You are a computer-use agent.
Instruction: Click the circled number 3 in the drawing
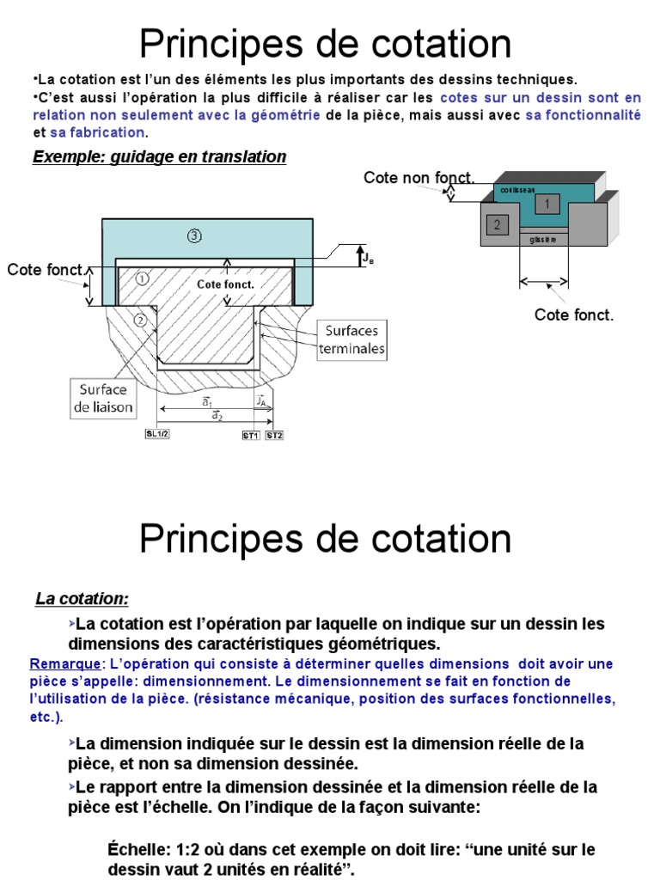[x=195, y=235]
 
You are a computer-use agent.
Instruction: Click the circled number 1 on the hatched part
[x=140, y=278]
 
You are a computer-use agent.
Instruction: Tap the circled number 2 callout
[x=141, y=321]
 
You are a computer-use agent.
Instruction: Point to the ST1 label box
[x=250, y=436]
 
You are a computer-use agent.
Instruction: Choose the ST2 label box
[x=274, y=436]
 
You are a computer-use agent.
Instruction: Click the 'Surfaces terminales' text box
[x=351, y=339]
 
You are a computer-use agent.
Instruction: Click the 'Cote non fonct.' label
[x=419, y=178]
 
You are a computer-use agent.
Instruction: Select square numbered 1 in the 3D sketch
[x=547, y=203]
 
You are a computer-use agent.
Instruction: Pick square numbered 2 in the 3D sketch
[x=496, y=225]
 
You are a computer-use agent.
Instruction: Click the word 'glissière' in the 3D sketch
[x=543, y=240]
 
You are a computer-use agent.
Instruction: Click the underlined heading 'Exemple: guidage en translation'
[x=159, y=157]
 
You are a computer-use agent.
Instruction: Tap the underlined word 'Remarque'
[x=64, y=664]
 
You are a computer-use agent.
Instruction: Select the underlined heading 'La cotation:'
[x=82, y=598]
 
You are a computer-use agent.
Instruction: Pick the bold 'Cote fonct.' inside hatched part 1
[x=225, y=284]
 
